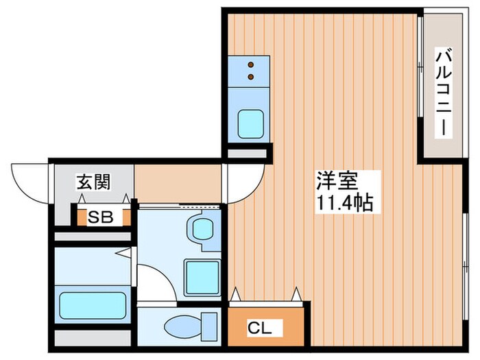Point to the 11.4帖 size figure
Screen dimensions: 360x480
coord(344,204)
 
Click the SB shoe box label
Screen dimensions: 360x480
coord(104,219)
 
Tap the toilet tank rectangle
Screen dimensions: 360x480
coord(209,324)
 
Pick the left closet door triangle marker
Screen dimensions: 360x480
coord(236,294)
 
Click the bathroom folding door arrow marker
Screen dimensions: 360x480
coord(124,254)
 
